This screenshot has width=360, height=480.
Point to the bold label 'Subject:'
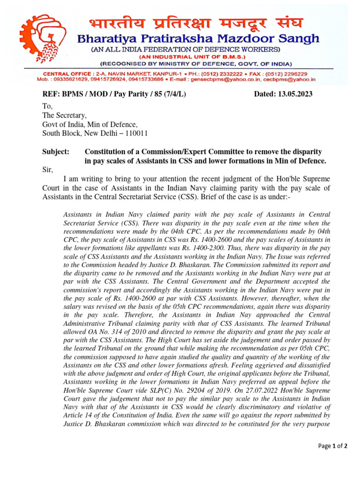pos(56,152)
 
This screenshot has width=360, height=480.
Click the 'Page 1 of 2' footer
pos(332,446)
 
